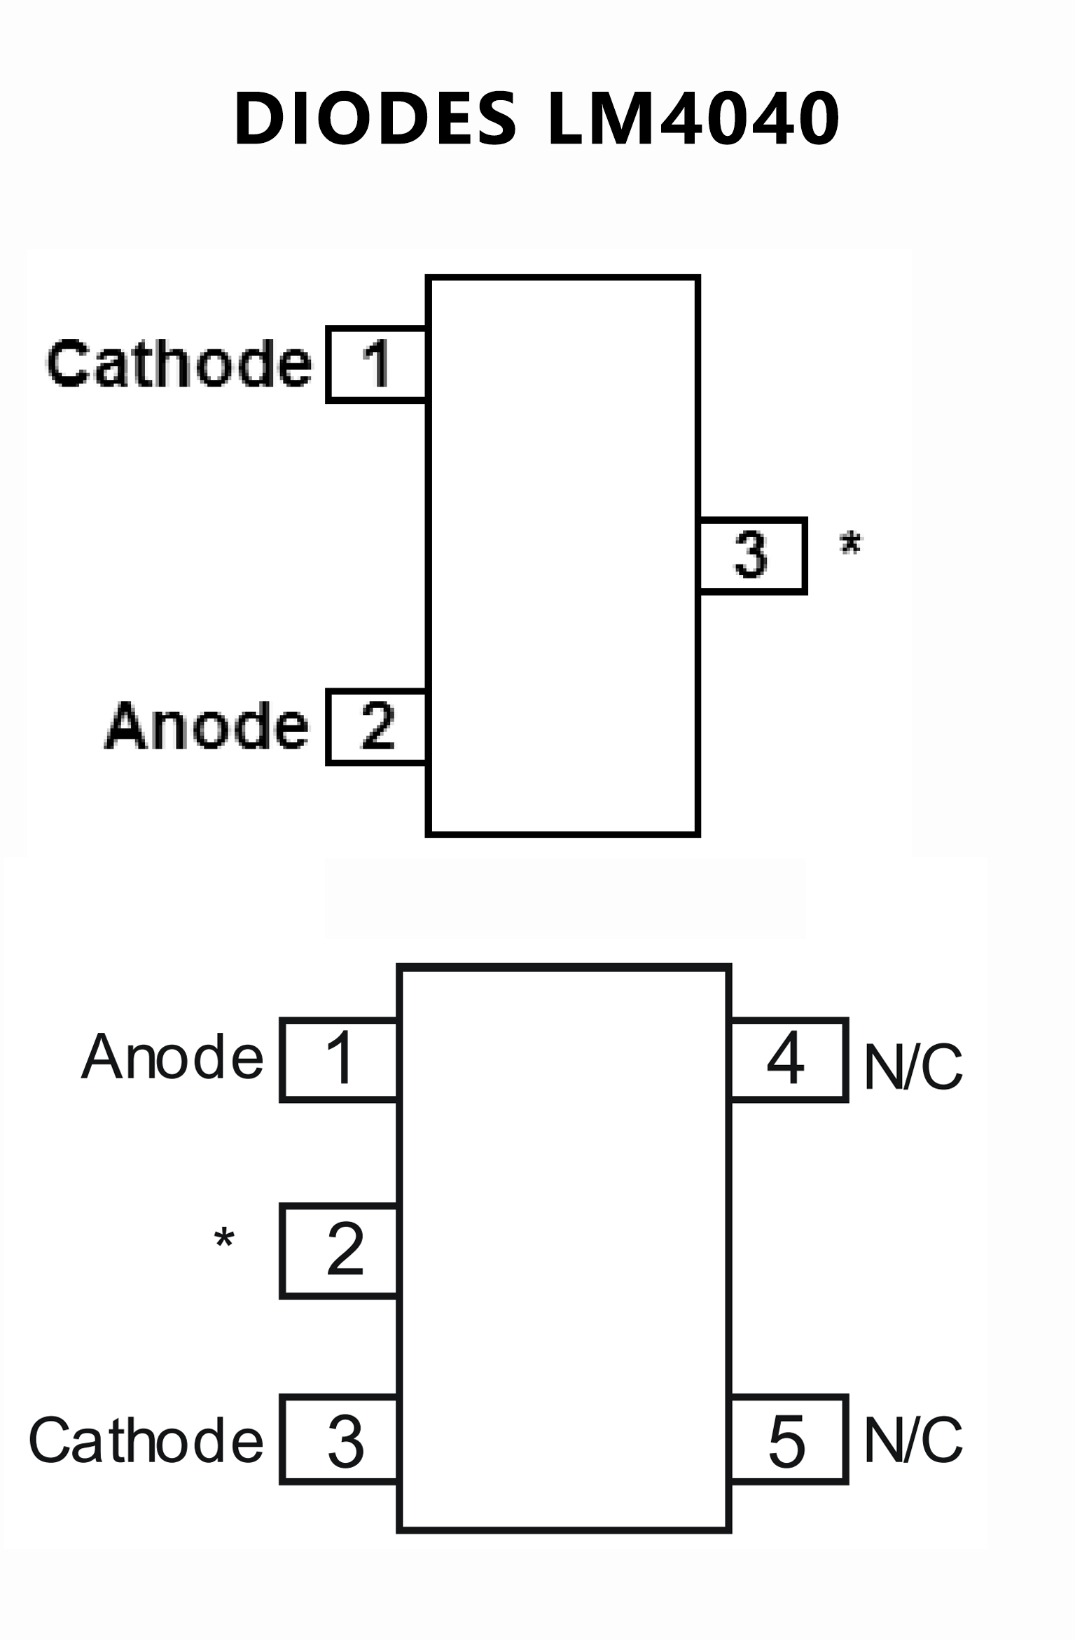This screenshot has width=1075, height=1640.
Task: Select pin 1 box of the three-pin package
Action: pyautogui.click(x=377, y=364)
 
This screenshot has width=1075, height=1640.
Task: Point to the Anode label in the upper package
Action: pyautogui.click(x=207, y=726)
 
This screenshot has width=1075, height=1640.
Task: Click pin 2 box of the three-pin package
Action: pyautogui.click(x=377, y=727)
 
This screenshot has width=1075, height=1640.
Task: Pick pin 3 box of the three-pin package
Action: pyautogui.click(x=752, y=556)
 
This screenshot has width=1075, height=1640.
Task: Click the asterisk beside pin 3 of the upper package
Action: pyautogui.click(x=851, y=544)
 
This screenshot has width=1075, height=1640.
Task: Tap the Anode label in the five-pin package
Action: pyautogui.click(x=172, y=1057)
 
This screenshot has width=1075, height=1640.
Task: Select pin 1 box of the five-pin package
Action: pyautogui.click(x=340, y=1059)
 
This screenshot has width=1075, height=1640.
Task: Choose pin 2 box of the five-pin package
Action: pyautogui.click(x=340, y=1251)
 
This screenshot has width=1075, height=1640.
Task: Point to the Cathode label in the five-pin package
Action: pyautogui.click(x=146, y=1440)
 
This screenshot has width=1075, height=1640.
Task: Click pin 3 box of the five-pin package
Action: pyautogui.click(x=340, y=1441)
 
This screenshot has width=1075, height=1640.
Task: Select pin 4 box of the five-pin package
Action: pyautogui.click(x=789, y=1059)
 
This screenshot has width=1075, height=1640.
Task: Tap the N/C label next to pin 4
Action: pyautogui.click(x=913, y=1066)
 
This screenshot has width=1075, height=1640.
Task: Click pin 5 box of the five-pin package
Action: pyautogui.click(x=789, y=1441)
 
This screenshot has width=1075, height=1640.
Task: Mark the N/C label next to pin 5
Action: pyautogui.click(x=913, y=1440)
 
